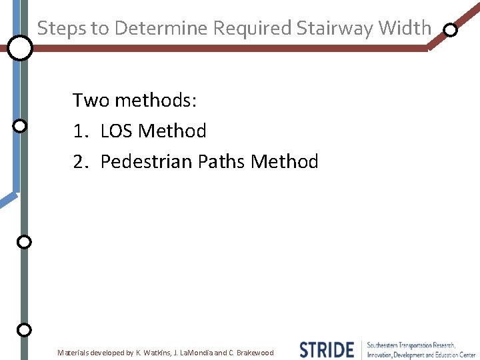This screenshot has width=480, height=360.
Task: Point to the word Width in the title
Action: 405,28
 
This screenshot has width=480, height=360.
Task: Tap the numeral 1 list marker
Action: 79,131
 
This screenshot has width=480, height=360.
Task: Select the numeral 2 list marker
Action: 79,161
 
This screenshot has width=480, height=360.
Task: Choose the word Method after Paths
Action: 285,161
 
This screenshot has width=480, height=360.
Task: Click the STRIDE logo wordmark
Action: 327,349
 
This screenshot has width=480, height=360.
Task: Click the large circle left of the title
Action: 21,48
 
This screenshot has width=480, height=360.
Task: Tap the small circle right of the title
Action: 451,30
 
